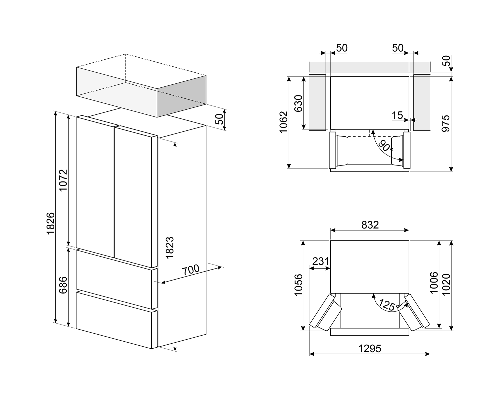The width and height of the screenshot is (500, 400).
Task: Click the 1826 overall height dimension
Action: tap(51, 223)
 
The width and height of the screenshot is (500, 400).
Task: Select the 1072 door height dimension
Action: tap(63, 180)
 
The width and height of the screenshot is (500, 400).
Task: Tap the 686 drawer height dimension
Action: tap(63, 285)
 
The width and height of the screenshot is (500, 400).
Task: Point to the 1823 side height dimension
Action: tap(170, 248)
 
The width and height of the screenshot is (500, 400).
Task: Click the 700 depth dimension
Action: tap(191, 270)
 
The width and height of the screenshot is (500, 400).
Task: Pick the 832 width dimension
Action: tap(370, 225)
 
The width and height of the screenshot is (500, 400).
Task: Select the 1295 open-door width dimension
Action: tap(370, 349)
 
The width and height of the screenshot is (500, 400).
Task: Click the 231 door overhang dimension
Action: tap(321, 261)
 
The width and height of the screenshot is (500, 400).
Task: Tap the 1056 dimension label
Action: tap(299, 285)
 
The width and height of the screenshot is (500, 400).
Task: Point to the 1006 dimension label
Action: tap(434, 283)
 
